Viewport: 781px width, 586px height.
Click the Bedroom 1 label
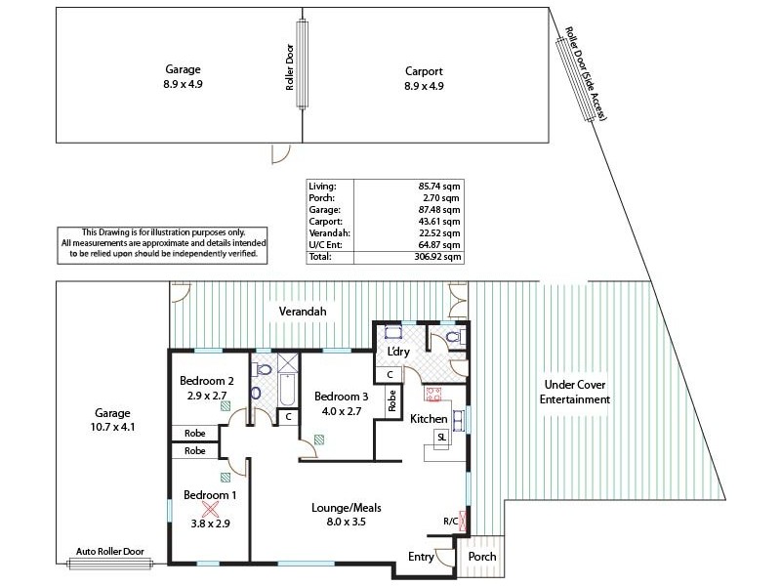tap(209, 495)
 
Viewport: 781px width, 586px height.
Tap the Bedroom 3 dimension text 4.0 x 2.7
tap(340, 412)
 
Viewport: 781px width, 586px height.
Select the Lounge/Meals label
tap(346, 508)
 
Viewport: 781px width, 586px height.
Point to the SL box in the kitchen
tap(442, 437)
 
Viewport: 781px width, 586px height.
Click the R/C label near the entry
tap(450, 522)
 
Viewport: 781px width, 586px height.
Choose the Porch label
tap(482, 557)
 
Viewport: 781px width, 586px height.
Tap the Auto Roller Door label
tap(110, 552)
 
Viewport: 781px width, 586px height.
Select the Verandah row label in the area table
tap(324, 232)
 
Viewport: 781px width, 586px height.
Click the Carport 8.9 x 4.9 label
tap(424, 78)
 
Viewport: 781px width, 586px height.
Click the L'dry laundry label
tap(397, 351)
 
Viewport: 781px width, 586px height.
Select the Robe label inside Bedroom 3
tap(391, 401)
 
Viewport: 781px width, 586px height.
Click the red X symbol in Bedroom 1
tap(209, 509)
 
